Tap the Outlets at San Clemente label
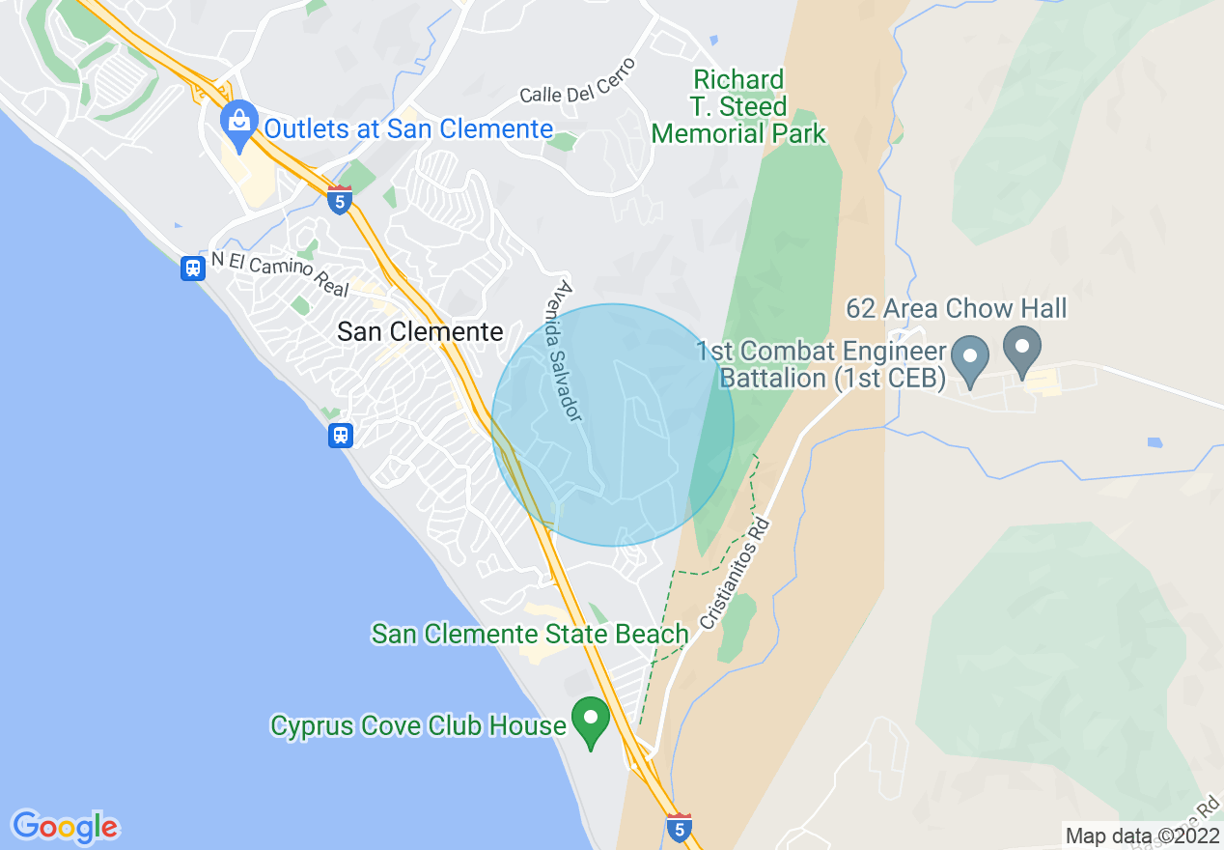pos(408,128)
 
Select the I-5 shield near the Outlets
pos(339,201)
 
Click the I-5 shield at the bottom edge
pos(680,827)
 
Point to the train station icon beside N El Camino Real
pos(193,268)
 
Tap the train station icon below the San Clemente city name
pos(340,435)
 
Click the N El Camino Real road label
pos(279,273)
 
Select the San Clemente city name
pos(420,332)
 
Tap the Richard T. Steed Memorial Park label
pos(739,106)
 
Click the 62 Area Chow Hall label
pos(957,308)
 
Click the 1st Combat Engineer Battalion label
pos(821,364)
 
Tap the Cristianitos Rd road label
pos(736,574)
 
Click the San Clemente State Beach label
pos(530,635)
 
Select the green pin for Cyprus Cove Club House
pos(590,721)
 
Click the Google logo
pos(65,827)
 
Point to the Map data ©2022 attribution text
pos(1142,836)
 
